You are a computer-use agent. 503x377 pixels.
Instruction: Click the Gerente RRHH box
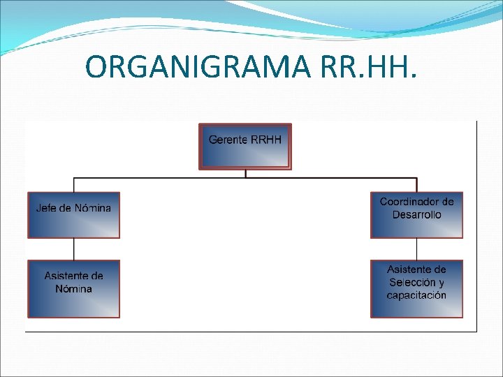(x=245, y=147)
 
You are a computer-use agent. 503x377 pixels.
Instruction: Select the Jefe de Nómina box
(x=73, y=215)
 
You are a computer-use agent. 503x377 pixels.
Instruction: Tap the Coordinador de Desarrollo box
(x=416, y=215)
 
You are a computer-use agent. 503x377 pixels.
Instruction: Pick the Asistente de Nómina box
(x=73, y=289)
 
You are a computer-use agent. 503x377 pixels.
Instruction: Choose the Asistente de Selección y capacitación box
(x=416, y=289)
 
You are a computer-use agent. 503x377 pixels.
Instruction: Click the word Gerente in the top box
(x=228, y=140)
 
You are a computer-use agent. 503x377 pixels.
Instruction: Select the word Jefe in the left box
(x=47, y=208)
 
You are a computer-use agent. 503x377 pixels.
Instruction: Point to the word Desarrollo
(x=416, y=214)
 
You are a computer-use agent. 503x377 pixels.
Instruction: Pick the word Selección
(x=416, y=283)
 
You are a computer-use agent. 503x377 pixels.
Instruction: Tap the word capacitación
(x=416, y=295)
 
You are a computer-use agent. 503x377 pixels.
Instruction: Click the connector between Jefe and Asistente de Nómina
(x=73, y=249)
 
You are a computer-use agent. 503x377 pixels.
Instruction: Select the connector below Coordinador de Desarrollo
(x=416, y=249)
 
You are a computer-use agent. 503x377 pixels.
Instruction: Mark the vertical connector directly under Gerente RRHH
(x=245, y=174)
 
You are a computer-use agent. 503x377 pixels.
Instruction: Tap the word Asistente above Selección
(x=416, y=269)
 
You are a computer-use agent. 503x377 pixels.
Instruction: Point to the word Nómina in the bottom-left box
(x=73, y=289)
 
